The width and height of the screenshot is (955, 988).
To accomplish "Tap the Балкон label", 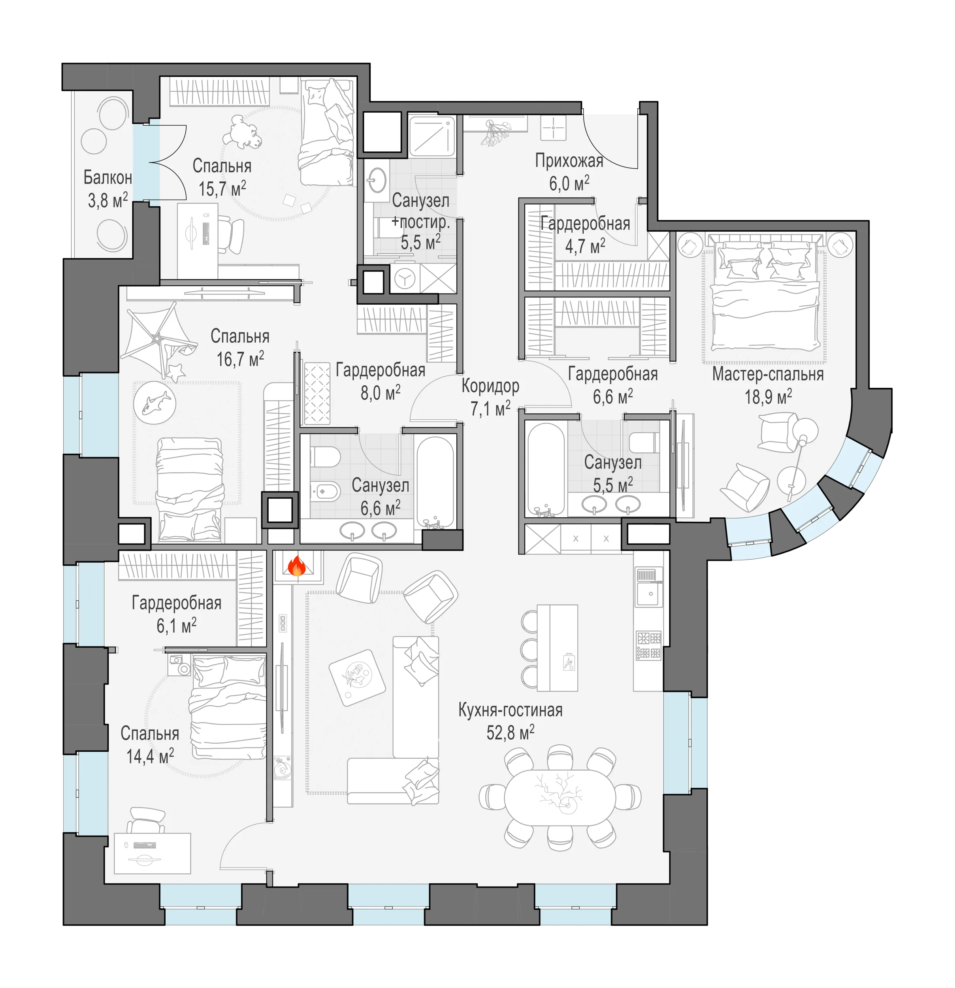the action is pyautogui.click(x=107, y=177).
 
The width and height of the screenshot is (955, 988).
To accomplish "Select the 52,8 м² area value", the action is pyautogui.click(x=510, y=732).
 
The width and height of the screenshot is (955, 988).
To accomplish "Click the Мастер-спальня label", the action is pyautogui.click(x=768, y=375).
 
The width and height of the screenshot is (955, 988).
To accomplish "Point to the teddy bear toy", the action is pyautogui.click(x=243, y=132).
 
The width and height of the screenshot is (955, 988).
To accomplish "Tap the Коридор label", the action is pyautogui.click(x=490, y=386).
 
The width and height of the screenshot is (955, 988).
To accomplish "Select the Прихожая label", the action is pyautogui.click(x=569, y=161).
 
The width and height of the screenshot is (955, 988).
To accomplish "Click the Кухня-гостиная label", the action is pyautogui.click(x=510, y=710).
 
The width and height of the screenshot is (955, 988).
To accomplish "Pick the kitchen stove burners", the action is pyautogui.click(x=649, y=645).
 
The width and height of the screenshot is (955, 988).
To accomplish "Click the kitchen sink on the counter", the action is pyautogui.click(x=649, y=587).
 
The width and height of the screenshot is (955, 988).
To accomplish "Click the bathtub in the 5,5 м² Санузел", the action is pyautogui.click(x=545, y=469).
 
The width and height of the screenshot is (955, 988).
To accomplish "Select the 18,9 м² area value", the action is pyautogui.click(x=768, y=397).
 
